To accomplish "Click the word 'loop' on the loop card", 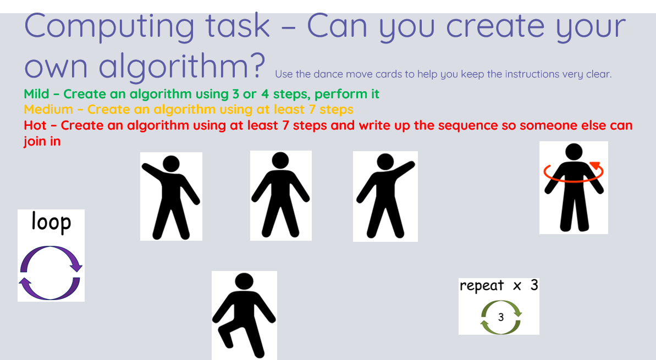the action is click(x=51, y=223).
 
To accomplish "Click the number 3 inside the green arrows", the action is click(x=501, y=317).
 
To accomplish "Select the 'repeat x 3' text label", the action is click(x=499, y=286).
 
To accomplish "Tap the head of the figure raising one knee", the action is click(x=244, y=281).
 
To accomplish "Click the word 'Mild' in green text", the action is click(x=36, y=94).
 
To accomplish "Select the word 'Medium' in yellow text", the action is click(x=48, y=109).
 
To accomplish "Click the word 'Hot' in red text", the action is click(x=35, y=125).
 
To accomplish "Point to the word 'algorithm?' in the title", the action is click(x=182, y=66).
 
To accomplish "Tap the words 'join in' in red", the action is click(x=42, y=141).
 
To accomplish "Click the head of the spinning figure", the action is click(x=574, y=152).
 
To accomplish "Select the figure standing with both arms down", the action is click(x=281, y=195).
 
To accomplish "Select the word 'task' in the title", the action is click(x=237, y=26).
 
